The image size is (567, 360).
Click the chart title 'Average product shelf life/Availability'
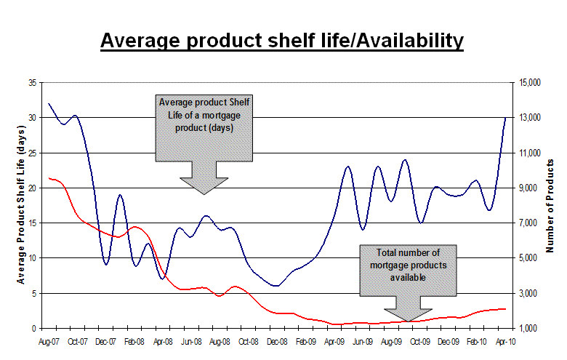tap(281, 41)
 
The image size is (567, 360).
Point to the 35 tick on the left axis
tap(33, 83)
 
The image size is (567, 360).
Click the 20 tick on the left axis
tap(33, 188)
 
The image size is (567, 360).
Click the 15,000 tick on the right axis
tap(531, 83)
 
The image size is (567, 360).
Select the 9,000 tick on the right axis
tap(531, 188)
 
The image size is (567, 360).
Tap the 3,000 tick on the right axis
tap(531, 293)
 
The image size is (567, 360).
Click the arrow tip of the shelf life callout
tap(204, 194)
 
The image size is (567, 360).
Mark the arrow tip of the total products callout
tap(407, 321)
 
